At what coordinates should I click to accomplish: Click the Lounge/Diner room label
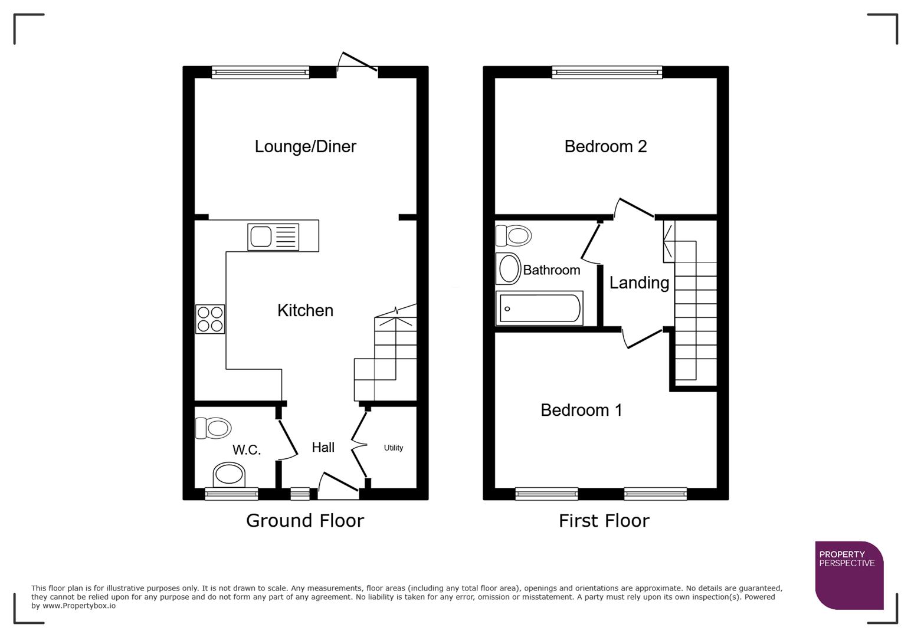[305, 146]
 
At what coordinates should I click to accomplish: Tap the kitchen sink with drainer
[273, 237]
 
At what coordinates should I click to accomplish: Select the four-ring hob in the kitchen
[210, 319]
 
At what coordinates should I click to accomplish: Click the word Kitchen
[305, 310]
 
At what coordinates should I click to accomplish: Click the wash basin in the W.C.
[229, 474]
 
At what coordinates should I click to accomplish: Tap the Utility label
[393, 448]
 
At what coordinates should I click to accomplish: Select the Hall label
[323, 448]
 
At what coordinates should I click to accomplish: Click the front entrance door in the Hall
[338, 482]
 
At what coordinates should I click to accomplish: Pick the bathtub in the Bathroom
[539, 308]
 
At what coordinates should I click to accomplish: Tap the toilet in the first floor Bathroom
[514, 236]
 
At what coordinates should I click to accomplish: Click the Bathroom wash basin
[508, 269]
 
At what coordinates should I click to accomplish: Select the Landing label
[639, 283]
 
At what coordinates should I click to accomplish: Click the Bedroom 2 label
[605, 146]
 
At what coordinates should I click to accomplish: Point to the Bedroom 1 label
[581, 410]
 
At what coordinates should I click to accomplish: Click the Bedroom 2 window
[607, 73]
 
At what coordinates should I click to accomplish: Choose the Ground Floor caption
[304, 521]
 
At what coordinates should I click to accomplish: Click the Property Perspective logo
[848, 575]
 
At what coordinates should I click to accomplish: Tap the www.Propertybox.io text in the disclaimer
[78, 606]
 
